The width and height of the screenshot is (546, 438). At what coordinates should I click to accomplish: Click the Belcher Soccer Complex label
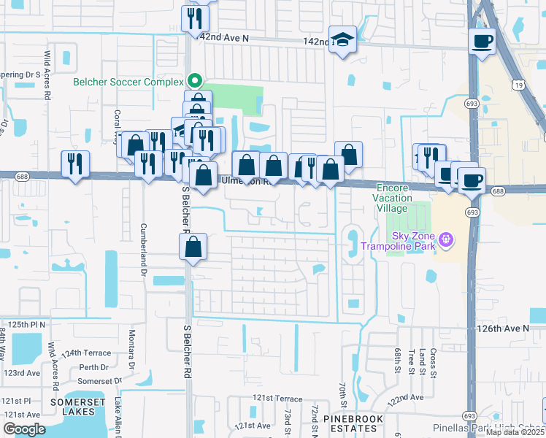(128, 82)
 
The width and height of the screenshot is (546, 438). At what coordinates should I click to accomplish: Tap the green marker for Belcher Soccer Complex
(194, 81)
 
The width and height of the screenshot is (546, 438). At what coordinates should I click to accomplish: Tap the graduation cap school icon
(342, 41)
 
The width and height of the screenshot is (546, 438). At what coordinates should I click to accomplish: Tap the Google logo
(24, 429)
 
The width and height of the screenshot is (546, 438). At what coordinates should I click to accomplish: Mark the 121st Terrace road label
(277, 399)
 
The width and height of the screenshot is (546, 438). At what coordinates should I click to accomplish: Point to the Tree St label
(412, 361)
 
